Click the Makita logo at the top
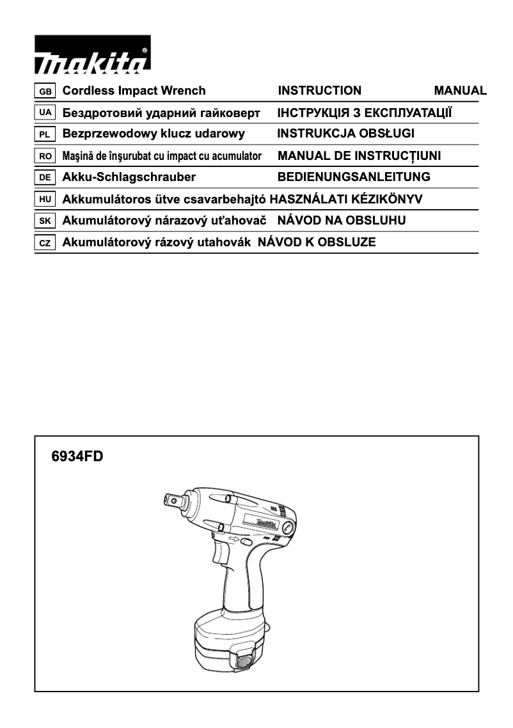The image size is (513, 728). point(93,58)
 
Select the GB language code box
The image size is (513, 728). point(45,91)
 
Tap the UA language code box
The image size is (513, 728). point(45,113)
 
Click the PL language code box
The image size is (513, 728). point(45,134)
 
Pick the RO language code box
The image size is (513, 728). point(45,156)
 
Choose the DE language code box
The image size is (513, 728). point(45,177)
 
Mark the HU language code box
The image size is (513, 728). point(45,200)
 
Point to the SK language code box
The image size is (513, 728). point(45,221)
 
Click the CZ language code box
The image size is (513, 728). point(45,243)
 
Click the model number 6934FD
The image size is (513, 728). point(77,457)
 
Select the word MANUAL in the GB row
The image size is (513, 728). point(460,91)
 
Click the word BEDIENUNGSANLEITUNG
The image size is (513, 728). point(354,177)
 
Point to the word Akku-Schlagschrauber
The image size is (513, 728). point(129,177)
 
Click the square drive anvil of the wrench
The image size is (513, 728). point(172,498)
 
